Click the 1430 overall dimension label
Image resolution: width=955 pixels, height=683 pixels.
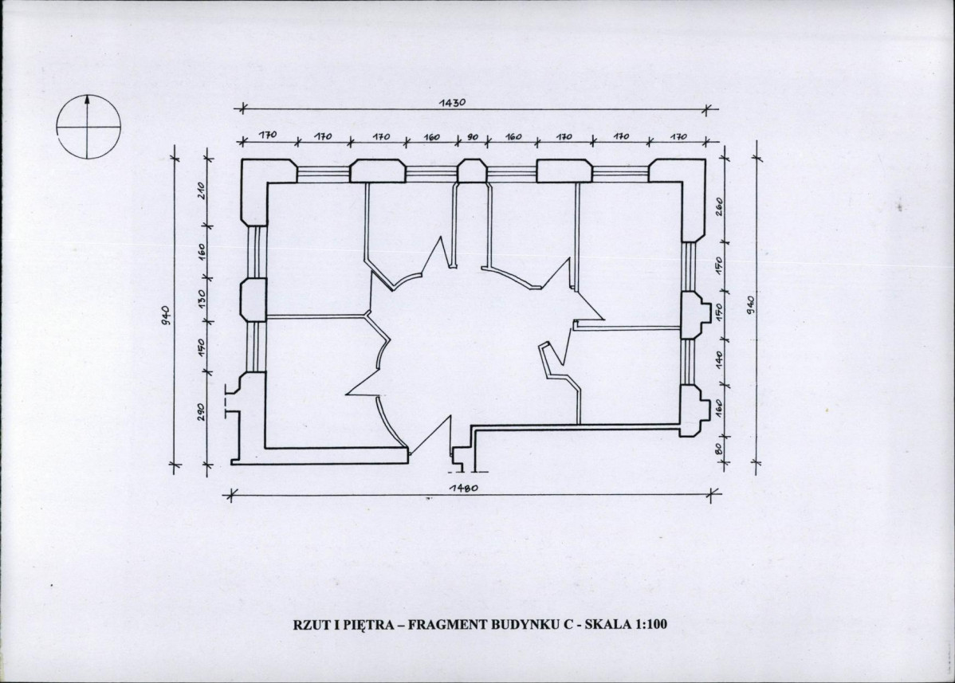point(452,102)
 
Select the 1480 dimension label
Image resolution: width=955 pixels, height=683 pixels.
point(463,488)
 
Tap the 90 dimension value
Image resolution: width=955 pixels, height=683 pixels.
point(473,137)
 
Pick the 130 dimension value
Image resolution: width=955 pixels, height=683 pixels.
point(202,298)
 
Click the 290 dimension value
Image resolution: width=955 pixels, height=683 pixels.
point(202,411)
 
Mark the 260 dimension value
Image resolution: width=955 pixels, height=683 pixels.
point(719,206)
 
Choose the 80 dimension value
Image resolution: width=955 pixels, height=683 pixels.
point(718,449)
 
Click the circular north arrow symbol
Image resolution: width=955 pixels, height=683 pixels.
point(88,127)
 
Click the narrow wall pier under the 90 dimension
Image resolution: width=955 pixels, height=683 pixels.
point(472,171)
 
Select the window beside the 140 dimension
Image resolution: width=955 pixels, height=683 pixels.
point(688,362)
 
